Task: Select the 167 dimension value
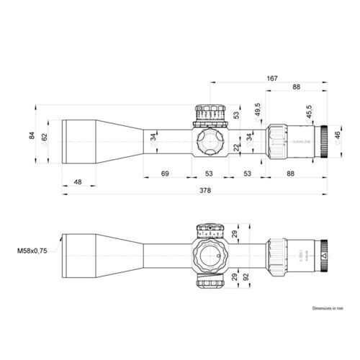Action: pyautogui.click(x=271, y=77)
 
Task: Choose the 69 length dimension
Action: pyautogui.click(x=164, y=174)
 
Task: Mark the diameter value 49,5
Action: pyautogui.click(x=258, y=110)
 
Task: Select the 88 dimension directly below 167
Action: pyautogui.click(x=295, y=87)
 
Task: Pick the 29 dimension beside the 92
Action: pyautogui.click(x=234, y=276)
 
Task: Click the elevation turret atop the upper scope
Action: pyautogui.click(x=208, y=114)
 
